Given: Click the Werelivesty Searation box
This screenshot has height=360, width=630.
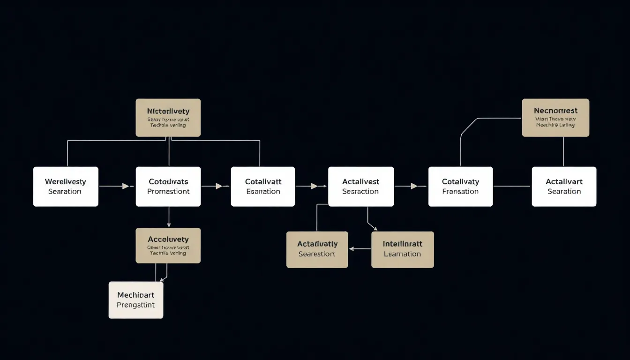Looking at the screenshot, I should (66, 187).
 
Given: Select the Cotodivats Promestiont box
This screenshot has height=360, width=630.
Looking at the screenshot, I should (168, 187).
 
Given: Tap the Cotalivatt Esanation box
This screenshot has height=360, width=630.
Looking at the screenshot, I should (263, 187).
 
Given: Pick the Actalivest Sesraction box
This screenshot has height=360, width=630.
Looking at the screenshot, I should (360, 187).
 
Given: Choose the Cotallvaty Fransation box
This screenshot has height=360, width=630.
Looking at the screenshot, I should (460, 187).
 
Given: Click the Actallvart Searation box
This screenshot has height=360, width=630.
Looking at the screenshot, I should (564, 187).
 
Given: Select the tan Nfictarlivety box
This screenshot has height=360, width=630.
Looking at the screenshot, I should (168, 118).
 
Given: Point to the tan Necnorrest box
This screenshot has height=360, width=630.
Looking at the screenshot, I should (555, 118).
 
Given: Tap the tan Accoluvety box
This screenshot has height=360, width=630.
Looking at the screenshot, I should (168, 246).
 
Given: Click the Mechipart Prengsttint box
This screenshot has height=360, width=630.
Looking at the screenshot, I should (136, 300).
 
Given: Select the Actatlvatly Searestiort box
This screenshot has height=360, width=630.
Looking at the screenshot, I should (317, 249).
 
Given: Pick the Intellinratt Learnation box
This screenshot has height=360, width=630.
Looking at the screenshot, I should (402, 249).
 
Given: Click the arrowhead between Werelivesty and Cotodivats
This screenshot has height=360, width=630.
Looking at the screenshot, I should (125, 186).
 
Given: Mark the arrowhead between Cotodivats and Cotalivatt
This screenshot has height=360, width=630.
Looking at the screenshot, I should (219, 186).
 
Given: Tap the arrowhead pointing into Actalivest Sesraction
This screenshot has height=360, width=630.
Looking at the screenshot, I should (315, 186).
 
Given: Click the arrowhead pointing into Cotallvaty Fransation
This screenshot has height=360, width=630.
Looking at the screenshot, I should (414, 186).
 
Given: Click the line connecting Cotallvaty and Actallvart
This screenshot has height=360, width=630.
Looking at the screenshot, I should (512, 186).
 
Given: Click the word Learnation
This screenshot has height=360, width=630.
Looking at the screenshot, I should (402, 254).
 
